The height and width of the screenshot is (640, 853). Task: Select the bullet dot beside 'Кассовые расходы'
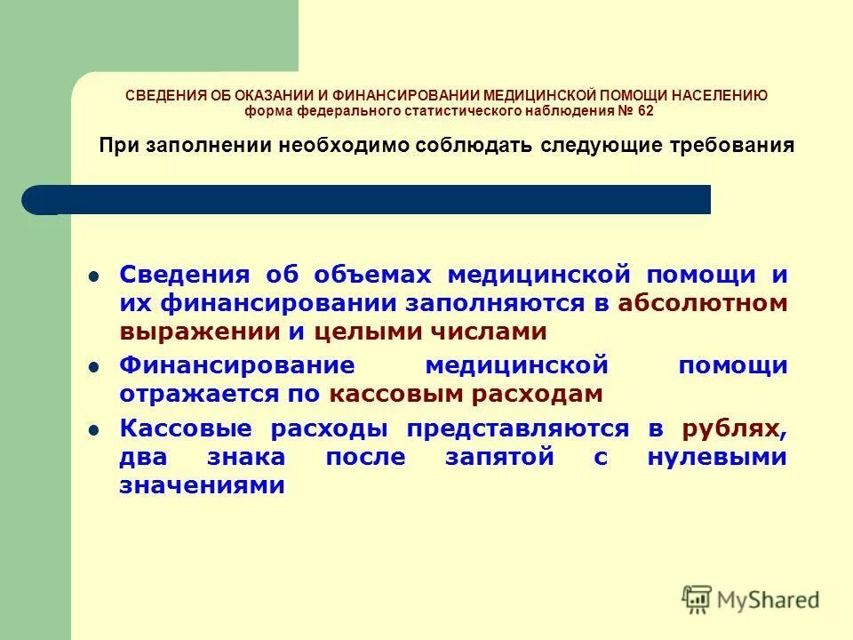click(x=93, y=430)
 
